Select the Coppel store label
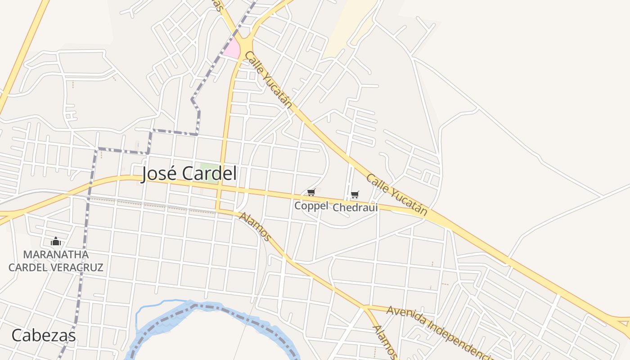point(311,206)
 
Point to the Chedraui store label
point(355,207)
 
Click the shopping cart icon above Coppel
point(311,193)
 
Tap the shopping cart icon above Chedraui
point(355,194)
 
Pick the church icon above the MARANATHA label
point(56,242)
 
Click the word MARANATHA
point(56,255)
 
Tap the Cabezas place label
point(43,336)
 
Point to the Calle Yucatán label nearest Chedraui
point(396,194)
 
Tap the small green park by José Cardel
point(206,170)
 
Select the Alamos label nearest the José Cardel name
point(255,226)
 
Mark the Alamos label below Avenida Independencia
point(384,342)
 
